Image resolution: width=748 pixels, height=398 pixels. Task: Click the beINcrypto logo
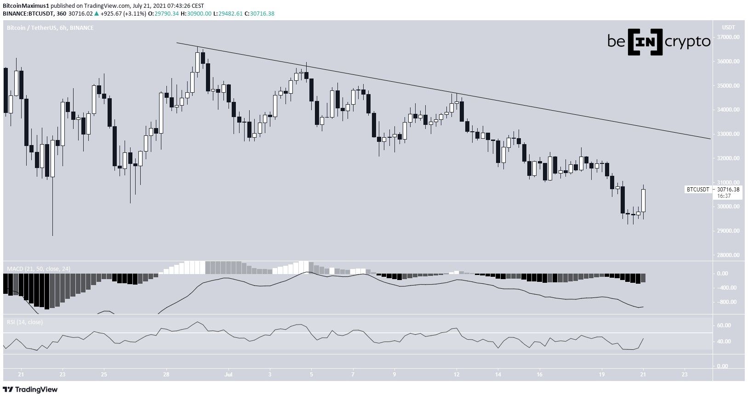pos(659,42)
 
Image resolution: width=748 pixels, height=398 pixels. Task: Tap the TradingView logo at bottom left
pos(31,390)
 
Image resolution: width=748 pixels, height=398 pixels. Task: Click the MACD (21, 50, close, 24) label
pos(38,269)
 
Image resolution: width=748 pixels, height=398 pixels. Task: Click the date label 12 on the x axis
pos(456,374)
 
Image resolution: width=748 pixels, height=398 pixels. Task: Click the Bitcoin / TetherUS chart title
pos(50,28)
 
